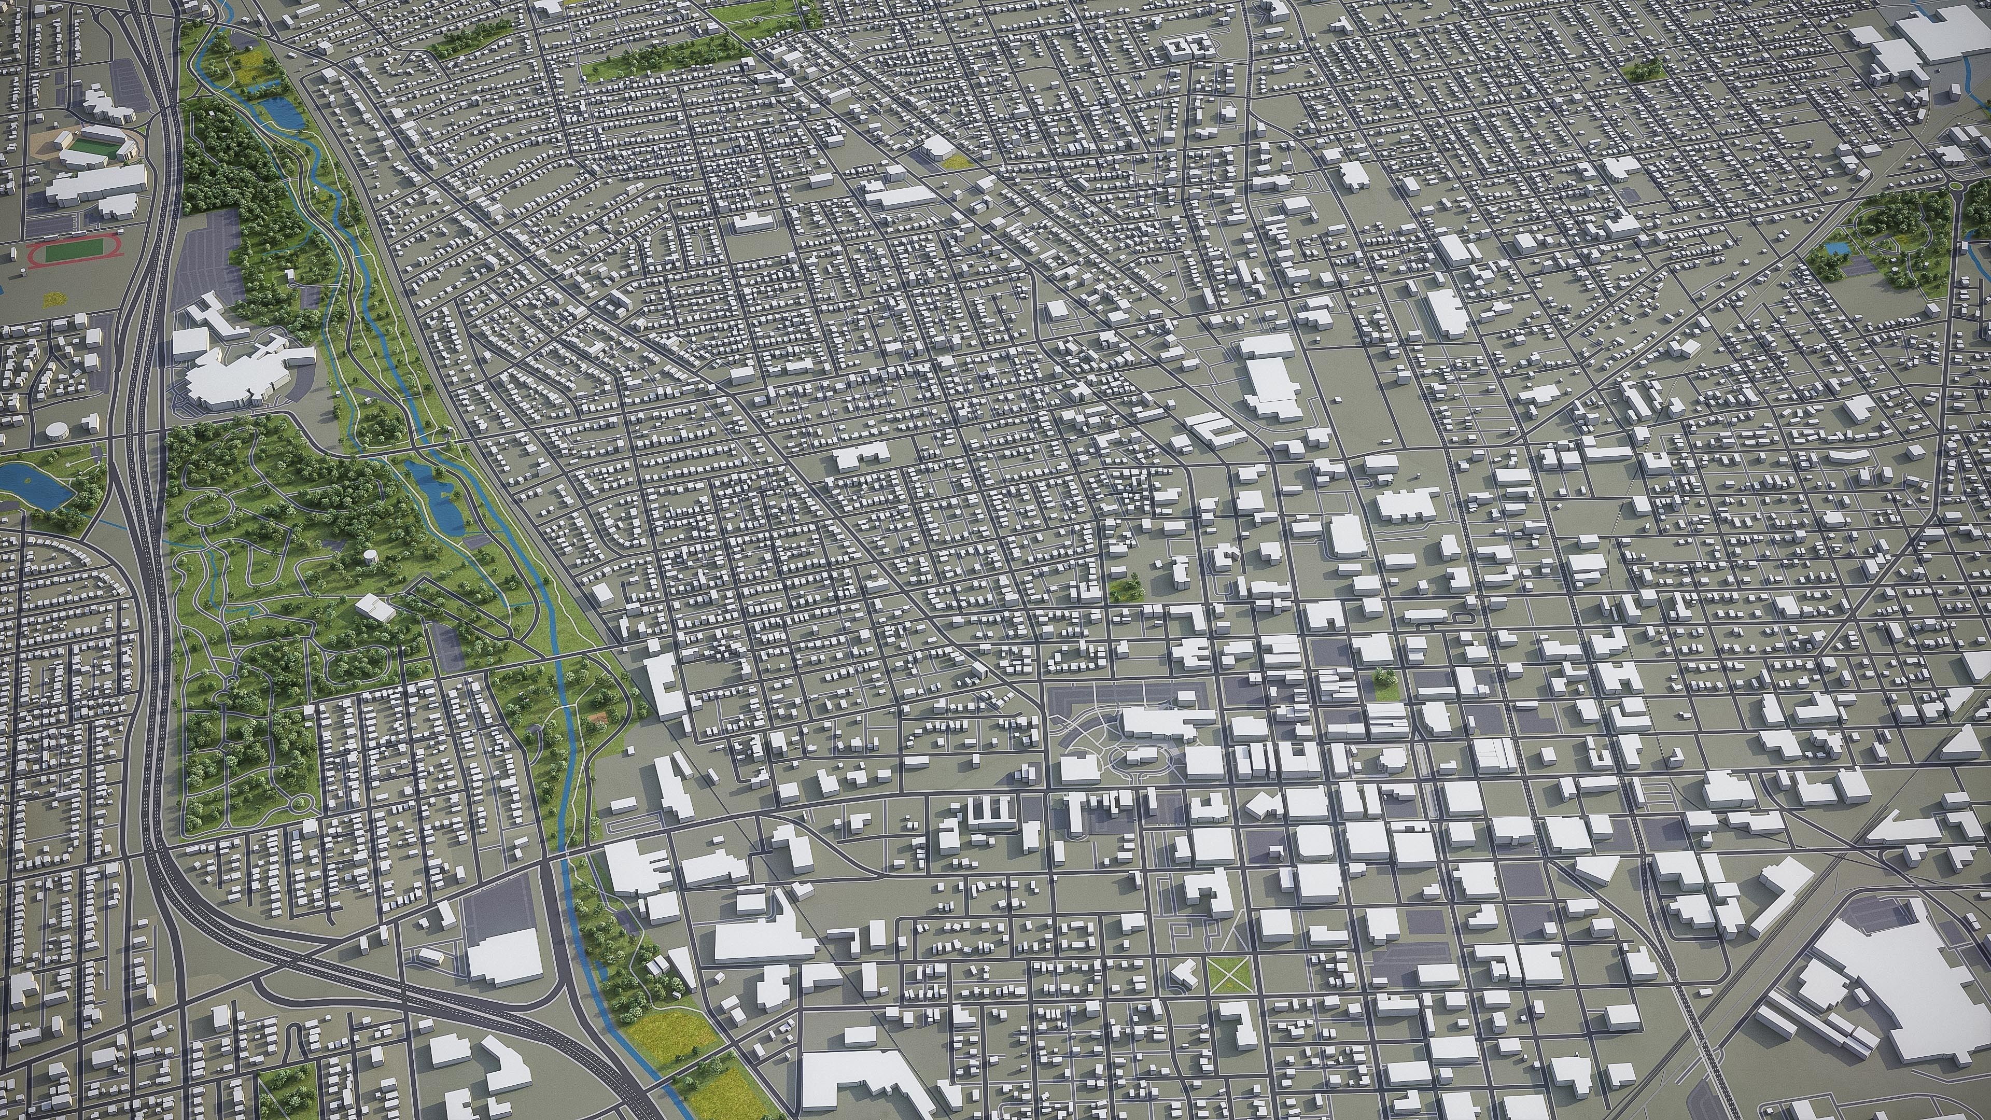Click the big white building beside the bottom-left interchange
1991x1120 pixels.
[504, 955]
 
